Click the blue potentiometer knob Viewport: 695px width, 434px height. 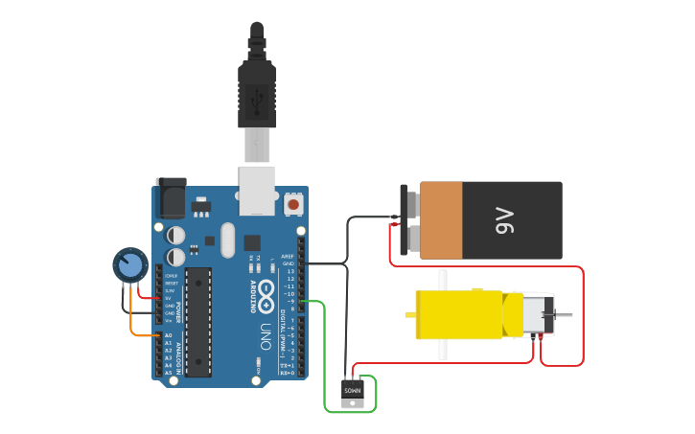point(129,265)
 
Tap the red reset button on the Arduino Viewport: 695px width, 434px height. point(293,204)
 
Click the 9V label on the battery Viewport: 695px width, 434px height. point(505,221)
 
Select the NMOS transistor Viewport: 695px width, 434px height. point(353,392)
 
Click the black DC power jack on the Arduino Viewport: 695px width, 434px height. point(172,198)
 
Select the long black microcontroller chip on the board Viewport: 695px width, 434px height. point(197,322)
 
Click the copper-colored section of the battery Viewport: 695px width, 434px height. point(441,220)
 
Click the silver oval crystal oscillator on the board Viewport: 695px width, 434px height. point(227,240)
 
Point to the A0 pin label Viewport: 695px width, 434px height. point(168,335)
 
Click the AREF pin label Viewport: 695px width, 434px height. point(288,256)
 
